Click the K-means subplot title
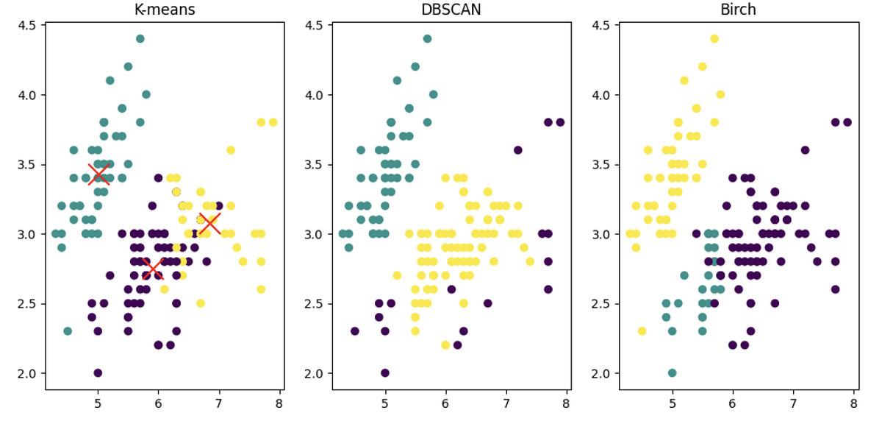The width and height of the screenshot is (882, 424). (x=164, y=10)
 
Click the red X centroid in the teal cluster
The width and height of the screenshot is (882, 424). (x=98, y=174)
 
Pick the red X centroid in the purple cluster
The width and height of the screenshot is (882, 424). (x=153, y=269)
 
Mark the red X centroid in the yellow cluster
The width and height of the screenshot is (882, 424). (x=209, y=223)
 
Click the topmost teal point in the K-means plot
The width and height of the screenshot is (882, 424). (x=140, y=39)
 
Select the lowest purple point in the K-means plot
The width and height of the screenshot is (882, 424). (x=98, y=373)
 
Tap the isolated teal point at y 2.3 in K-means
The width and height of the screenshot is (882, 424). (x=68, y=331)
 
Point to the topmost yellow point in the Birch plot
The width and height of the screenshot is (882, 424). (x=714, y=39)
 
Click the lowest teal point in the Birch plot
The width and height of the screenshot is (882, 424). (x=672, y=373)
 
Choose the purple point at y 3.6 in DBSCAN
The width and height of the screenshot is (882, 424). (x=517, y=150)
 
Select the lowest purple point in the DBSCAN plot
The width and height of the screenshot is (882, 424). (x=384, y=373)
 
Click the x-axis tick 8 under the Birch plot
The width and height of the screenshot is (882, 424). (x=853, y=403)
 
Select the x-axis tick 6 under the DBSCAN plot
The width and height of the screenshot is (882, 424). (x=445, y=403)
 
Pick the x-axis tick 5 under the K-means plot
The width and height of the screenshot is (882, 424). (x=98, y=403)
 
